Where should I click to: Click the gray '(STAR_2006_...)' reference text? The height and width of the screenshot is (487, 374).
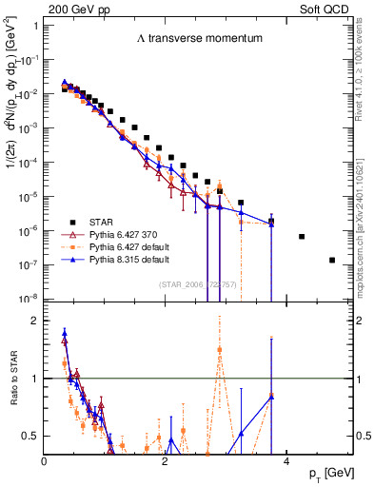tap(198, 285)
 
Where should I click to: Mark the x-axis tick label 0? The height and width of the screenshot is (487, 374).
tap(45, 460)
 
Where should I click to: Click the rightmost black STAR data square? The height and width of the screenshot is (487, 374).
tap(332, 260)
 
